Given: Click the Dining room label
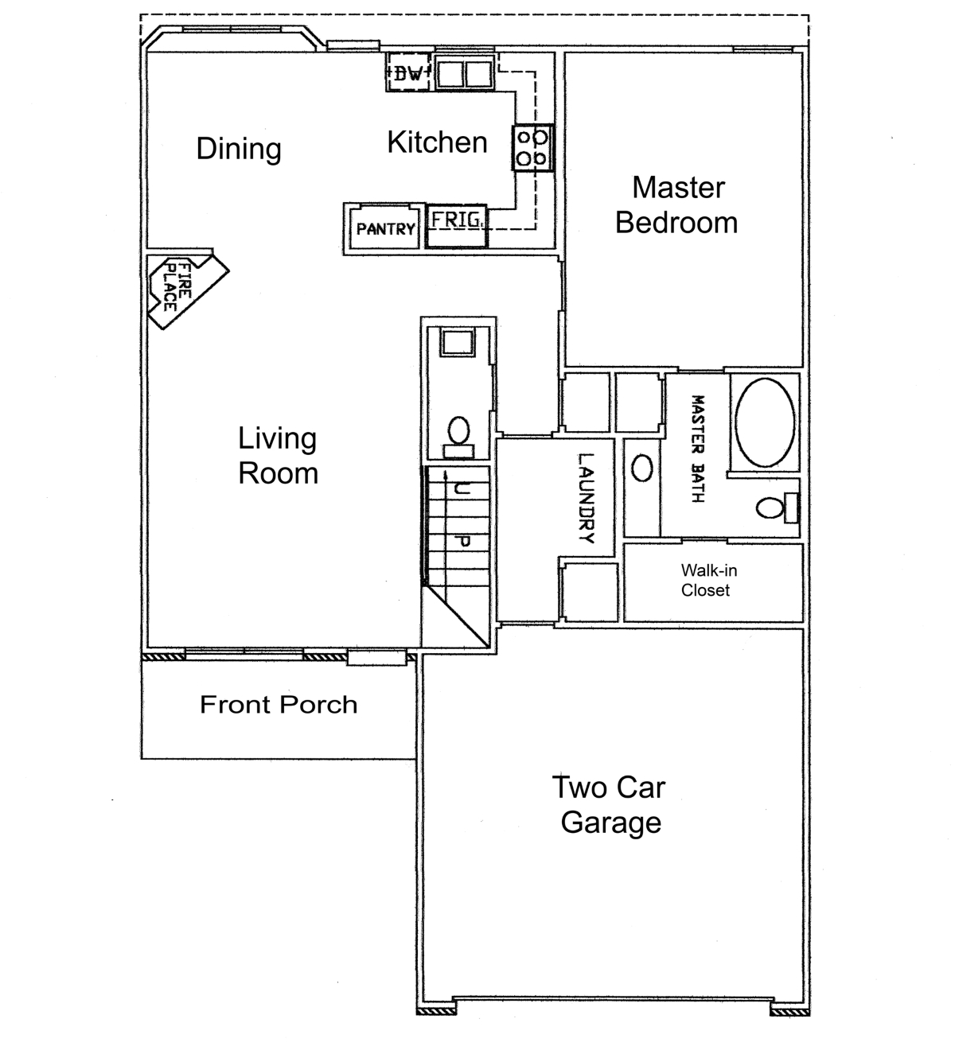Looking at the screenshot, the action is point(239,149).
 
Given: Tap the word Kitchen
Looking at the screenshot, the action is point(437,142).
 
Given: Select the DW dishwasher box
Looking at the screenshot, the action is point(408,72).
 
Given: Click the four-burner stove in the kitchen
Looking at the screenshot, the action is point(532,148).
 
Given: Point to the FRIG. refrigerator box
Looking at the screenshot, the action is point(456,226).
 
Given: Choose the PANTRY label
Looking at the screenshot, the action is point(385,229).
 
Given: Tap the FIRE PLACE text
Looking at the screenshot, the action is point(177,287).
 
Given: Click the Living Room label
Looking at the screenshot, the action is point(278,455).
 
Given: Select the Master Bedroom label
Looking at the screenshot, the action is point(676,205).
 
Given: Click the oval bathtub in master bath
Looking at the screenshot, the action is point(764,422).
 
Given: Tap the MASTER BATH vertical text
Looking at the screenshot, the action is point(698,449).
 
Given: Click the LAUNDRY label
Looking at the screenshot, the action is point(586,498).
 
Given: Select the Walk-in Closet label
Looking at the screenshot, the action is point(708,580).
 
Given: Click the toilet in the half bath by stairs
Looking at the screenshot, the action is point(459,437).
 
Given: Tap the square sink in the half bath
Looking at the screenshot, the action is point(458,343).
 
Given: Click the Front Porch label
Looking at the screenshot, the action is point(279,705).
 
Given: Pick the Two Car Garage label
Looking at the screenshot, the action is point(610,805).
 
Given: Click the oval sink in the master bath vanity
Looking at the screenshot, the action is point(641,468).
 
